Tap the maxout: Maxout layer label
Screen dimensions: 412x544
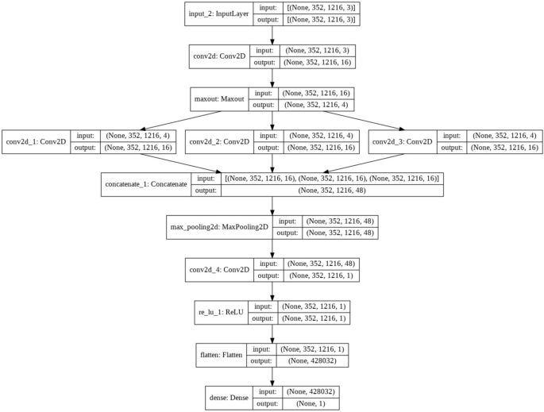220,100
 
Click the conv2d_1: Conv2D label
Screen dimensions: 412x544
36,142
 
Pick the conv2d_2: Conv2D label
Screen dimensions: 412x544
218,142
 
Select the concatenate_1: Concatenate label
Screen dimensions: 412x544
145,185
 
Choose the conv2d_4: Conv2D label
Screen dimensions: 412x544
217,270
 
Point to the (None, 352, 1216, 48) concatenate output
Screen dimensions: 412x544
332,191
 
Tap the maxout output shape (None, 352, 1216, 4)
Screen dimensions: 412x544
317,106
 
